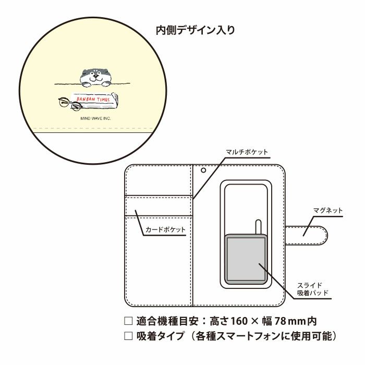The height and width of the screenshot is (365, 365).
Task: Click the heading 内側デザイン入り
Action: click(195, 30)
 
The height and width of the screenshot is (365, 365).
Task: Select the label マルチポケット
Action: click(247, 152)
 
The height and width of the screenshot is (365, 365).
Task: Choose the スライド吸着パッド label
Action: click(313, 289)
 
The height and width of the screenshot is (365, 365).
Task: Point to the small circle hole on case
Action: click(204, 170)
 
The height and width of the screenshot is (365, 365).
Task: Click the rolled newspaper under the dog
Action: click(94, 102)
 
